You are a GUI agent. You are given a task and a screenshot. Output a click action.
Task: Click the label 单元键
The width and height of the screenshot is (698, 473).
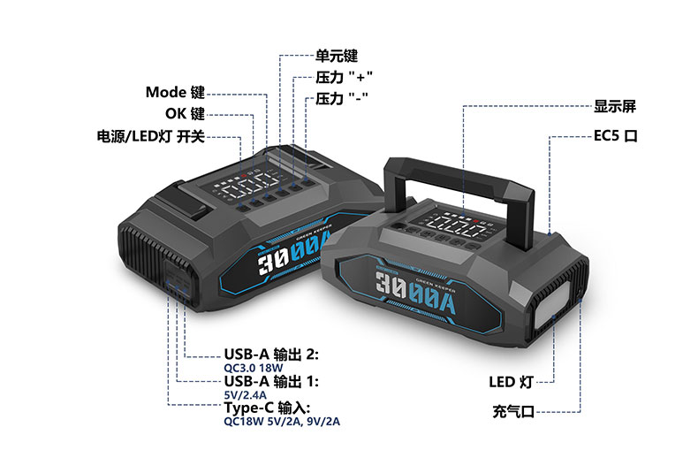pyautogui.click(x=337, y=56)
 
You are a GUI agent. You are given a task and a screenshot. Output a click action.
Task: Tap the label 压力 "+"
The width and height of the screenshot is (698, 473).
pyautogui.click(x=344, y=77)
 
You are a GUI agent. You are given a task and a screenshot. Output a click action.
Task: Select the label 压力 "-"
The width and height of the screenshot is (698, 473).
pyautogui.click(x=342, y=98)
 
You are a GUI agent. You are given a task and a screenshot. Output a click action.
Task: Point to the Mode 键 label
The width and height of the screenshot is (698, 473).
pyautogui.click(x=176, y=92)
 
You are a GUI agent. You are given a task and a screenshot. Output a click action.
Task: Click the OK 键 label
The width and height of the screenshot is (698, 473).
pyautogui.click(x=186, y=113)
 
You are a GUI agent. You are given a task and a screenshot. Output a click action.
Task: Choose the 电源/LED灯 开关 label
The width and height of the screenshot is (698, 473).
pyautogui.click(x=151, y=136)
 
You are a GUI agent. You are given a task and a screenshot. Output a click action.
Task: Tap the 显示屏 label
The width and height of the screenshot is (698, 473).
pyautogui.click(x=615, y=106)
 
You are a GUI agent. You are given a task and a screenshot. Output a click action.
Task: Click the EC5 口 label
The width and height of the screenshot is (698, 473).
pyautogui.click(x=616, y=135)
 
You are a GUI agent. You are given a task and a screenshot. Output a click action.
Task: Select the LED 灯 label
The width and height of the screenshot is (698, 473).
pyautogui.click(x=511, y=382)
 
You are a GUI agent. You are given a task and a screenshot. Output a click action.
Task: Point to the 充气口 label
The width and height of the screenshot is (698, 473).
pyautogui.click(x=513, y=411)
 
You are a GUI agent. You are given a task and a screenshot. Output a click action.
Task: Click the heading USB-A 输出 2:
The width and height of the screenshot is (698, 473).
pyautogui.click(x=271, y=355)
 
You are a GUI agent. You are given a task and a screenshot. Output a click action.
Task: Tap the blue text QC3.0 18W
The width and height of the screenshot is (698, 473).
pyautogui.click(x=254, y=369)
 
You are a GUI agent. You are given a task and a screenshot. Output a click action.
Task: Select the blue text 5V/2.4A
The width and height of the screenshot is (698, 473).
pyautogui.click(x=246, y=395)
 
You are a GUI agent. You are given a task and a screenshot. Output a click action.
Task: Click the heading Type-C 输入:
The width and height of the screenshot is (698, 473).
pyautogui.click(x=267, y=408)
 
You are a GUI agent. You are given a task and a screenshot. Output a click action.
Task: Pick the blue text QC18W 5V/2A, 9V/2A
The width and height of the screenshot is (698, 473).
pyautogui.click(x=282, y=422)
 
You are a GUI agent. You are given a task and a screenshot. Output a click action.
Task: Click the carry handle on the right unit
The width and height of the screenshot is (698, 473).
pyautogui.click(x=459, y=176)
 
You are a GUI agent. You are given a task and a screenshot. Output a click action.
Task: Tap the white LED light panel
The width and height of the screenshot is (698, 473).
pyautogui.click(x=552, y=306)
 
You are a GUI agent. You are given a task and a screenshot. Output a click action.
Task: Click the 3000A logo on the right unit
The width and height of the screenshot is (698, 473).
pyautogui.click(x=415, y=292)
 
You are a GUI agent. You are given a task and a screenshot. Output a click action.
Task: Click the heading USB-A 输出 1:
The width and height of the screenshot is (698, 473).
pyautogui.click(x=271, y=381)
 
